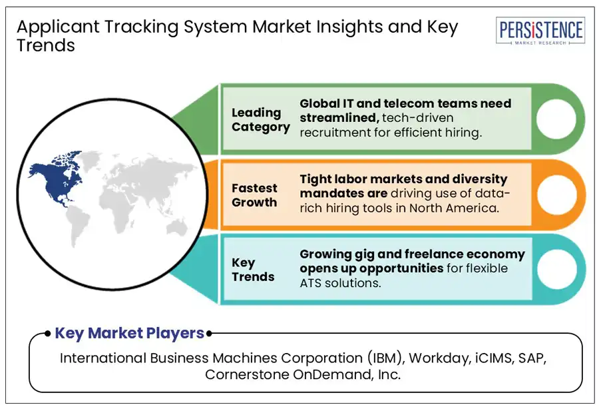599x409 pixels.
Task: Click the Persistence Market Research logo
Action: point(540,31)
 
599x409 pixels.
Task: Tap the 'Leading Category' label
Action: point(260,120)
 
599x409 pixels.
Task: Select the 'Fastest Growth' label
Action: point(254,195)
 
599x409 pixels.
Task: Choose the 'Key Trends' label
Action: point(253,269)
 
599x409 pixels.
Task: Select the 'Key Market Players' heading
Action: point(129,333)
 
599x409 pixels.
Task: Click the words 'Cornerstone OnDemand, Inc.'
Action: point(303,374)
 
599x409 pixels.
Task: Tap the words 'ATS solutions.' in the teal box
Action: point(341,282)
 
